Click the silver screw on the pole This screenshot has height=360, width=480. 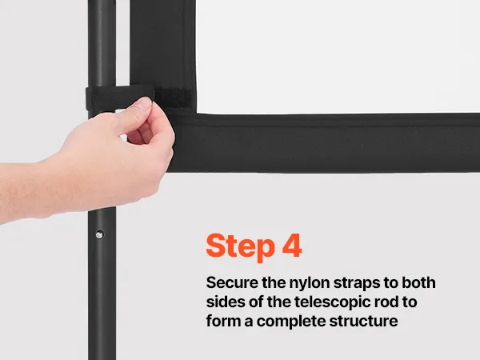[99, 234]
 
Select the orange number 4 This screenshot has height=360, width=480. [292, 246]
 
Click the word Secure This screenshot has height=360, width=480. [232, 282]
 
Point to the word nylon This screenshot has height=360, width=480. [310, 284]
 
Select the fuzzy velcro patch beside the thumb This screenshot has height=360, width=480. [174, 98]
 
